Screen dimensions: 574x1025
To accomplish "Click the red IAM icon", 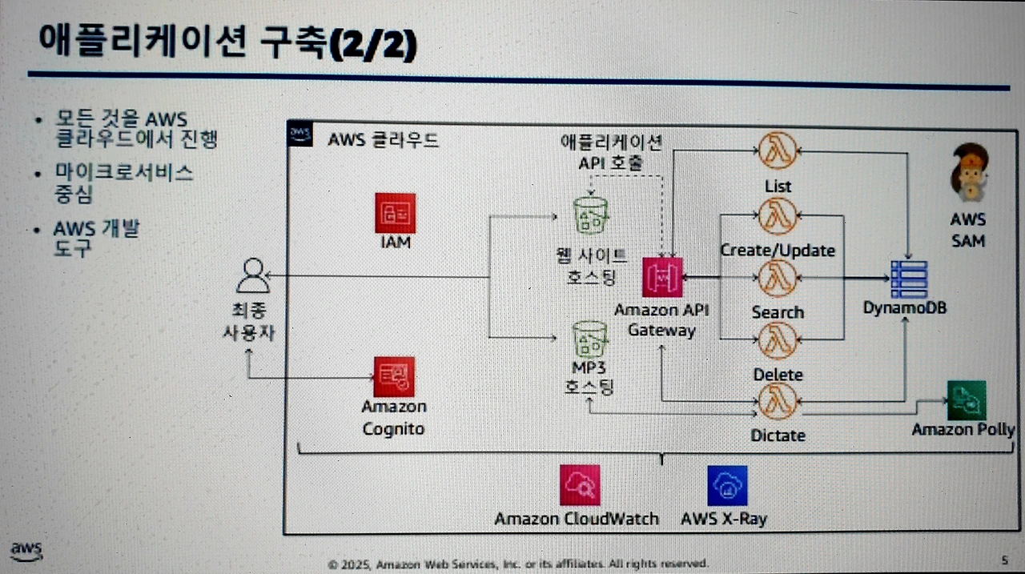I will pos(395,213).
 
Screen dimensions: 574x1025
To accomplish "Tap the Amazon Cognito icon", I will pos(394,376).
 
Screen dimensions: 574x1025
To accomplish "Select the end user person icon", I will pos(252,277).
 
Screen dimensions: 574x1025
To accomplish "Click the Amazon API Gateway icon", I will pos(661,278).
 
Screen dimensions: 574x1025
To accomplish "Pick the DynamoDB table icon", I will pos(907,279).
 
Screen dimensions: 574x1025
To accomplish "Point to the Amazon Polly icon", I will pos(966,400).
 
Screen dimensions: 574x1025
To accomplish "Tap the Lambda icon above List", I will pos(778,152).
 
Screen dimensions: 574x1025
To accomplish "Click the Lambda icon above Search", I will pos(778,278).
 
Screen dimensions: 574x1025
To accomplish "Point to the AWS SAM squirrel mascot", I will pos(967,171).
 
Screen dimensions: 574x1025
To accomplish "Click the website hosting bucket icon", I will pos(591,215).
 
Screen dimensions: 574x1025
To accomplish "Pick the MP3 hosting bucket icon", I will pos(591,339).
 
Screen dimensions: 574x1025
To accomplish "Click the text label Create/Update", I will pos(778,250).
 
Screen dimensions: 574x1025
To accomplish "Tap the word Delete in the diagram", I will pos(778,374).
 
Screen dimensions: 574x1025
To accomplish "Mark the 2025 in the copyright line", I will pos(352,563).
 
